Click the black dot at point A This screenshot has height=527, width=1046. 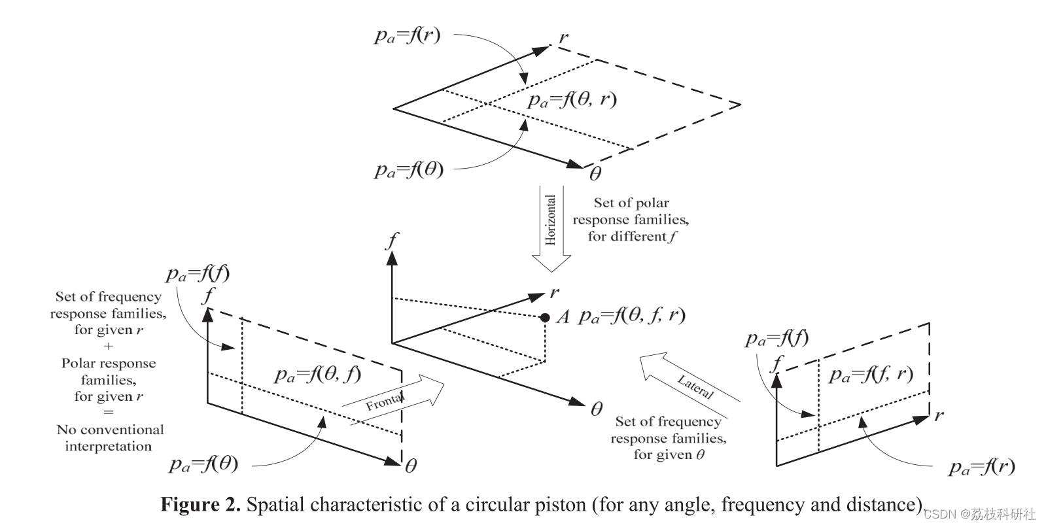point(544,318)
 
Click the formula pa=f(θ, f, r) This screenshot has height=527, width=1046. point(632,316)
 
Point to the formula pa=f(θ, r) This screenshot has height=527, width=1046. point(572,99)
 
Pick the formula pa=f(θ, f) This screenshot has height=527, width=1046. point(318,374)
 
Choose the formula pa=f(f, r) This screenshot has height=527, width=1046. point(871,374)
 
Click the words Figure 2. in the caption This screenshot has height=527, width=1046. point(201,505)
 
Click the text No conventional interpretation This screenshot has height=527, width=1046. point(110,438)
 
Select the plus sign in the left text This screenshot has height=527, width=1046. point(109,347)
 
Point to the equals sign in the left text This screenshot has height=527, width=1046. point(109,413)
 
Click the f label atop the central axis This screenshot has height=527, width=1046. point(392,241)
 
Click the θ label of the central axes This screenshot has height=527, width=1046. point(596,410)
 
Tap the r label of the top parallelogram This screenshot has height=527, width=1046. point(563,37)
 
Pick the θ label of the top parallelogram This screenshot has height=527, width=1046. point(595,174)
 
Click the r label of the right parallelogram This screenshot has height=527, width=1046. point(939,415)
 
